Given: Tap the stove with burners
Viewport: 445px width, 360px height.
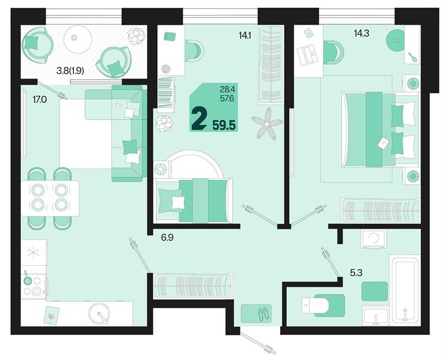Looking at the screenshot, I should coord(34,286).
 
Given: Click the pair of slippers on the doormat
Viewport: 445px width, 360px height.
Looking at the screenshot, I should coord(257,313).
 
